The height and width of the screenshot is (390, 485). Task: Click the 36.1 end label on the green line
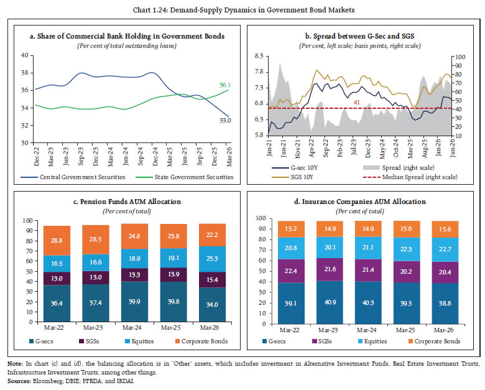click(x=225, y=85)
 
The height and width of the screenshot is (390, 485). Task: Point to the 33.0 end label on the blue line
click(x=225, y=121)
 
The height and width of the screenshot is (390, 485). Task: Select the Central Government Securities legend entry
click(x=73, y=177)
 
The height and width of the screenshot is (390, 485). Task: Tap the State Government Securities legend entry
click(x=185, y=177)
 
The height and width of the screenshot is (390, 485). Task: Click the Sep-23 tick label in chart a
click(x=81, y=156)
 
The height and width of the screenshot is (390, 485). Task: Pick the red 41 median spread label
click(x=357, y=103)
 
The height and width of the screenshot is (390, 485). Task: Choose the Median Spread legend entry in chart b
click(x=410, y=177)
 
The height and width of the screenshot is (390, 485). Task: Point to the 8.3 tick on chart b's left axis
click(x=259, y=56)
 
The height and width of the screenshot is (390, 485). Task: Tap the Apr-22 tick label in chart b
click(x=312, y=148)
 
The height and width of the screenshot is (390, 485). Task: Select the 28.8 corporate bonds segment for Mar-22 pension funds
click(x=57, y=241)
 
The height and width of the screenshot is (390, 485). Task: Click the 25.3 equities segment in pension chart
click(x=212, y=259)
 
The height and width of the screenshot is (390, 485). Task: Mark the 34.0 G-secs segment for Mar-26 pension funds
click(x=212, y=305)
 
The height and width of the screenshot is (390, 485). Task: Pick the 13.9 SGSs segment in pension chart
click(x=173, y=274)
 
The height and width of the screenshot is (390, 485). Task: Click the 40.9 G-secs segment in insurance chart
click(x=330, y=302)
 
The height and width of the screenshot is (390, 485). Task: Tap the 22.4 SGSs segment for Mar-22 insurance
click(x=291, y=271)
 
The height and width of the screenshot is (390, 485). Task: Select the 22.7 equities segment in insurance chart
click(x=445, y=249)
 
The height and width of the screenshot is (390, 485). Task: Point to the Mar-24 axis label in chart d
click(x=366, y=330)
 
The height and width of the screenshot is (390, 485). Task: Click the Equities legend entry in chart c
click(x=139, y=341)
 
